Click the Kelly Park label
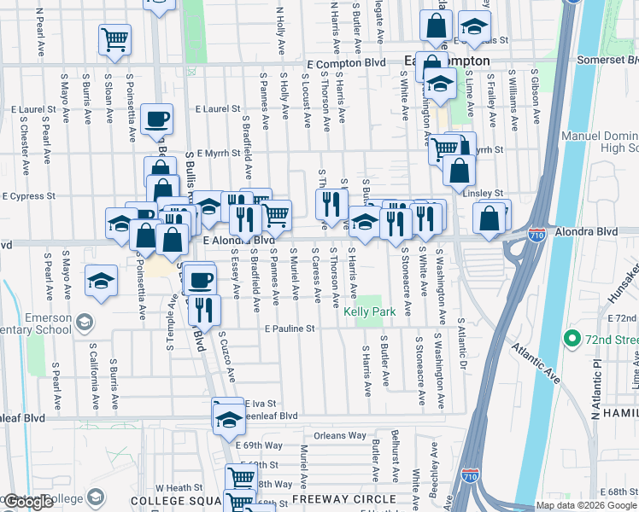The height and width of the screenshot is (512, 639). (369, 312)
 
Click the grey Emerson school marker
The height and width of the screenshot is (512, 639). (84, 323)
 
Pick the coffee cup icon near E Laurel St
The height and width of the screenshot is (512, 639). (156, 119)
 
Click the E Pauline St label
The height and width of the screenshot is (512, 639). (290, 329)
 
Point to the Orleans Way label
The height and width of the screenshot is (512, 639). (339, 435)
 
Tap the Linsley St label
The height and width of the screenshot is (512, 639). (483, 194)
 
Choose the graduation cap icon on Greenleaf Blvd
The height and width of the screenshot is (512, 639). (228, 419)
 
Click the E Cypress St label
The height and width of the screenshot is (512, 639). (29, 195)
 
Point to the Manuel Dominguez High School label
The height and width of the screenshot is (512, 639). (599, 143)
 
